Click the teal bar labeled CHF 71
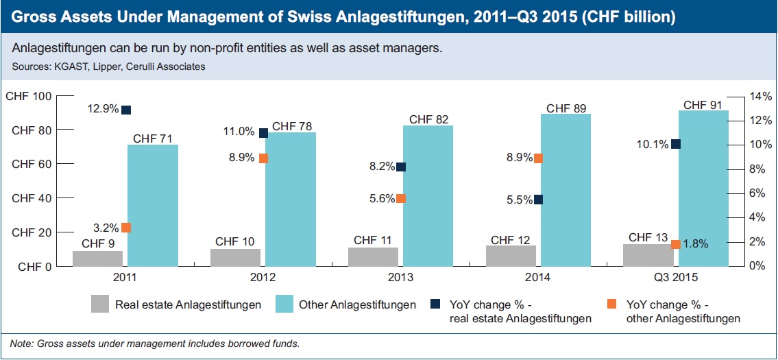153,205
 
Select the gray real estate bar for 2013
373,256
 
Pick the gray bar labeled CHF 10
235,257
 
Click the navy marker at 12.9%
126,110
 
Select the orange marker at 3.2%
126,228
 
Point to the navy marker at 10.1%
676,144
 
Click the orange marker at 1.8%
676,244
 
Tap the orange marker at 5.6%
401,199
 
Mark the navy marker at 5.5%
538,200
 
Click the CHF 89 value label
566,108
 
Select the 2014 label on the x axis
538,278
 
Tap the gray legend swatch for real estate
100,304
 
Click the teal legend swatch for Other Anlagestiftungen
284,304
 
